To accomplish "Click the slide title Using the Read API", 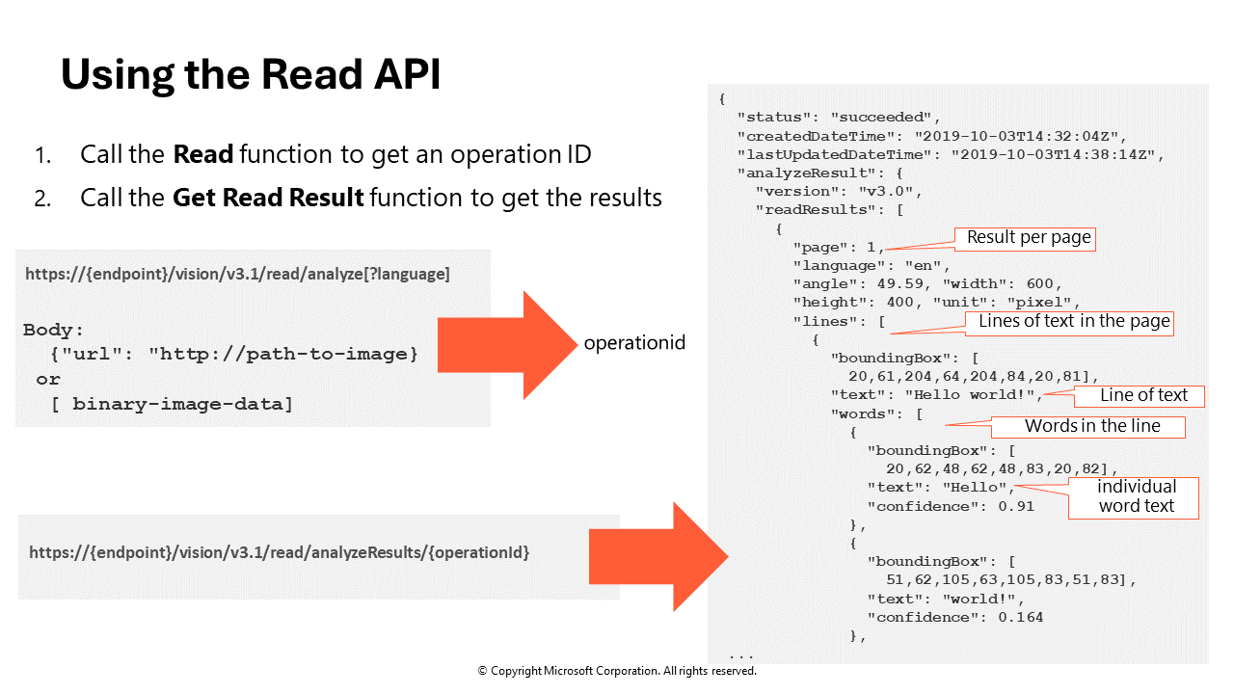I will [x=251, y=75].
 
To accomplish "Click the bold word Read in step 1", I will [x=203, y=154].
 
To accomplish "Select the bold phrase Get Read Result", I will [x=268, y=199].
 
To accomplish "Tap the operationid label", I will [x=634, y=343].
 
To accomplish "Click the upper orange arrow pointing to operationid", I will [x=506, y=345].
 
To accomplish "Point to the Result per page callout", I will [x=1029, y=238].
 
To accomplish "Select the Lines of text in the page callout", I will [x=1074, y=322].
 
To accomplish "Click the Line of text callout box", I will [x=1143, y=395].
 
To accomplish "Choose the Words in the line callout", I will [x=1091, y=426].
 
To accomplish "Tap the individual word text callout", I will [x=1136, y=497].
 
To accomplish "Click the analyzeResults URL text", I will [x=279, y=553].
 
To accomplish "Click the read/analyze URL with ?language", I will [x=237, y=274].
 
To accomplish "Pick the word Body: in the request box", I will [x=55, y=330].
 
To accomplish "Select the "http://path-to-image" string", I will [x=282, y=355].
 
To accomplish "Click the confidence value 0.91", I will [x=1015, y=506].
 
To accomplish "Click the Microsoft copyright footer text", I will [x=617, y=671].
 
